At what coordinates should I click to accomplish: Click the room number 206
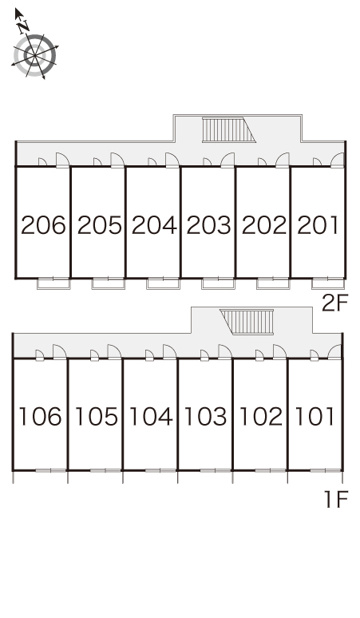[43, 225]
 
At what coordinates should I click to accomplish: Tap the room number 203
[209, 225]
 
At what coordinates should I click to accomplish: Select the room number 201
[318, 225]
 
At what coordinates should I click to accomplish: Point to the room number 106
[40, 416]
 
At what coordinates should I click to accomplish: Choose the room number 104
[151, 416]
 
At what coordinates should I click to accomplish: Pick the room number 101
[315, 416]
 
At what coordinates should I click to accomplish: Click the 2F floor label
[334, 303]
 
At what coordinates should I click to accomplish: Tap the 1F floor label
[336, 499]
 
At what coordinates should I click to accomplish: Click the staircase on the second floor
[229, 129]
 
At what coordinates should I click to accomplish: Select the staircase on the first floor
[247, 322]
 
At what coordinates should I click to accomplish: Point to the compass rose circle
[35, 55]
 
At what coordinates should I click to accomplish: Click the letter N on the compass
[24, 26]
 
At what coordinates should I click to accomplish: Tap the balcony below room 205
[109, 283]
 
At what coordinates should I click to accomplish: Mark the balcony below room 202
[273, 283]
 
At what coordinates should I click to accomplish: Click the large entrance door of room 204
[172, 160]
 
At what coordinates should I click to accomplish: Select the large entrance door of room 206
[62, 160]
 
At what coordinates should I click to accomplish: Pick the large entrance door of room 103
[225, 352]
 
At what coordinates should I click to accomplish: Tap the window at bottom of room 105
[105, 470]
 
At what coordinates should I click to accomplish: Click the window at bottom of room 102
[270, 470]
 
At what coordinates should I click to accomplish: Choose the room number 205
[99, 225]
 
